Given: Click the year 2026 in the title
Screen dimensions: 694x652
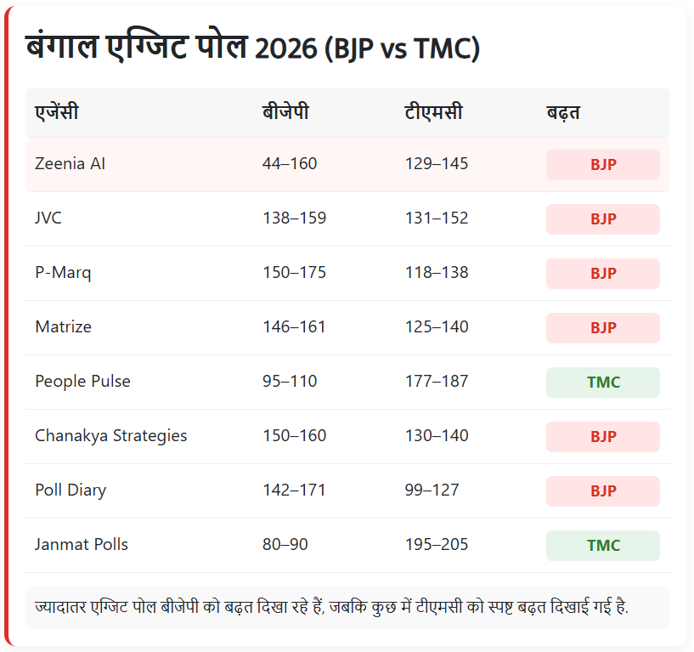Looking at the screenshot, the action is (286, 48).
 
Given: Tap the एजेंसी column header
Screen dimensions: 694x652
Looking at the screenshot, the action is (57, 111).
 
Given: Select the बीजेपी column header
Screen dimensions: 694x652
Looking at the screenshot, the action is (285, 111).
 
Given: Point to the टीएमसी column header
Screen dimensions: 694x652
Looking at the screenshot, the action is (433, 111).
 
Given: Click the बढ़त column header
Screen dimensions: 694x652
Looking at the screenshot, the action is (563, 112).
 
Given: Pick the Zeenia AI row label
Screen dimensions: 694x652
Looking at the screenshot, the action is (70, 163).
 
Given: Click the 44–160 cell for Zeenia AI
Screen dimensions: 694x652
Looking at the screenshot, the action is (290, 163).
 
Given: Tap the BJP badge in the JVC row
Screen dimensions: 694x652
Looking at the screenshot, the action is (603, 219).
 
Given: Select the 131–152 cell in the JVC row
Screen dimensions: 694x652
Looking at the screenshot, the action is (437, 218).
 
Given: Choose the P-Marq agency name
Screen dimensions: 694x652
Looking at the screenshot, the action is (63, 273).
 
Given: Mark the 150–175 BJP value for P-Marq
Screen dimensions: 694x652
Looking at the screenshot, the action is (294, 272).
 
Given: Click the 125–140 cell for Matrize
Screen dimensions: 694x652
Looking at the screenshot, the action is (437, 327).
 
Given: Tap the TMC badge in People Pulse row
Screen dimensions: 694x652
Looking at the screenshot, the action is (603, 383).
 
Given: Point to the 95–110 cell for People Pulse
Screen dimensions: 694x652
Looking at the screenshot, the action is (290, 382).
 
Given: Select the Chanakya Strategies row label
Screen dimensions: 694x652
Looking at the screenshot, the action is (110, 436).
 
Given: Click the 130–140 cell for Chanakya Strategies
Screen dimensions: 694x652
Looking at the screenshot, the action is (437, 436).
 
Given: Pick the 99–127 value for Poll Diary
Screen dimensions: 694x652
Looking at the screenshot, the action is (432, 490).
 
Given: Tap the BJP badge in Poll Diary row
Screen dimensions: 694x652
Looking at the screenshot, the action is (603, 491).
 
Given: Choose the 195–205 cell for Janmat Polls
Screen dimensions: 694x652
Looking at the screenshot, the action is (437, 544).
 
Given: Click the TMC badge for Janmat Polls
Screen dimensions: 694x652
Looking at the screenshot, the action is (603, 546).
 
